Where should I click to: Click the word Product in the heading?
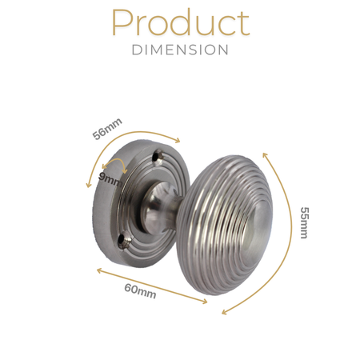pos(181,22)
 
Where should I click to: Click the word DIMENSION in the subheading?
pos(180,50)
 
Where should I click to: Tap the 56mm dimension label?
pos(107,129)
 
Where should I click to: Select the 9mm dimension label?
pos(110,180)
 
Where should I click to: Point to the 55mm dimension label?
pos(304,222)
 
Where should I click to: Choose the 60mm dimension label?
pos(140,290)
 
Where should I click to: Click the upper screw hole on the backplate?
pos(157,156)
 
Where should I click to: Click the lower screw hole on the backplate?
pos(123,239)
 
